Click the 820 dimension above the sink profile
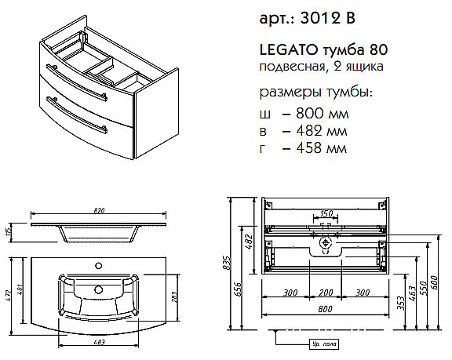pos(100,211)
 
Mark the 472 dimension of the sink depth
pos(7,294)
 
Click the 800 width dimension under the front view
pos(324,309)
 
